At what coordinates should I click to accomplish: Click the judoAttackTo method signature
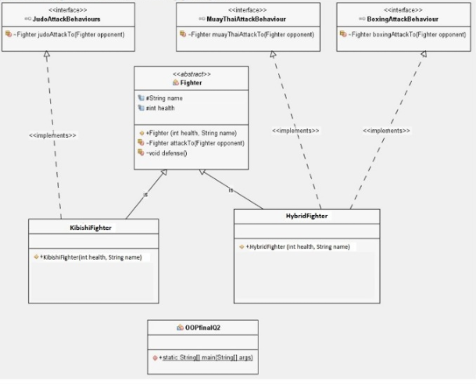62,34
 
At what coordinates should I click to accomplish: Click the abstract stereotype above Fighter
191,74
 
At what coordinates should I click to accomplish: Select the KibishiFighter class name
91,228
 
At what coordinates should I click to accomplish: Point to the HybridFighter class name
306,216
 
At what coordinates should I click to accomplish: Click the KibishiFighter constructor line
91,257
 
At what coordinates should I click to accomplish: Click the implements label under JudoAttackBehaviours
52,135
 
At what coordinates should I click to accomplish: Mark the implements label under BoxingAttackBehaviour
386,131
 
